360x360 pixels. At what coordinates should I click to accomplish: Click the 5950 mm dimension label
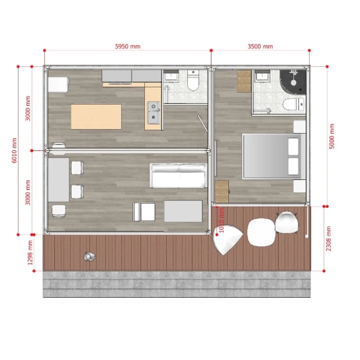[128, 47]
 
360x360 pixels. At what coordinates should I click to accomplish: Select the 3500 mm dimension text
[260, 47]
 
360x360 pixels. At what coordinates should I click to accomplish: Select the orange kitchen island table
[97, 116]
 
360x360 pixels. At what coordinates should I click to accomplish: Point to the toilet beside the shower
[292, 103]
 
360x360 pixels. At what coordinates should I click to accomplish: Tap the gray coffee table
[183, 212]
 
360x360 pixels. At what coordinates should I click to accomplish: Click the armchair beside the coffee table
[144, 212]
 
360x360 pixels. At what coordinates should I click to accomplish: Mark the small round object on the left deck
[89, 256]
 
